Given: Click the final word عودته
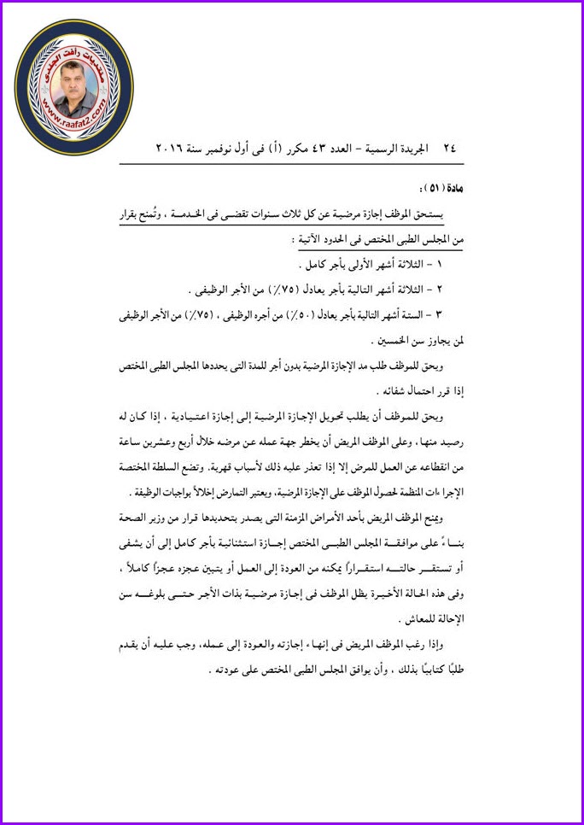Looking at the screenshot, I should [225, 669].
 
